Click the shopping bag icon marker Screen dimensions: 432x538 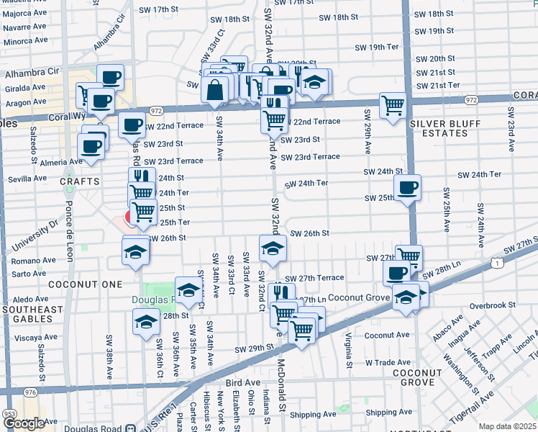point(216,91)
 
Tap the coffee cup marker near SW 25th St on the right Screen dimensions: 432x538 point(408,188)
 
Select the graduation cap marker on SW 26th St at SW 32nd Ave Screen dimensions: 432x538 point(273,248)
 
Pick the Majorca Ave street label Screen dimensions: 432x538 point(24,12)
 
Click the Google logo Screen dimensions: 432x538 point(23,423)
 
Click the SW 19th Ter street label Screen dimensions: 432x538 point(377,47)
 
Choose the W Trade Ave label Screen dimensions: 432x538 point(387,362)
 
